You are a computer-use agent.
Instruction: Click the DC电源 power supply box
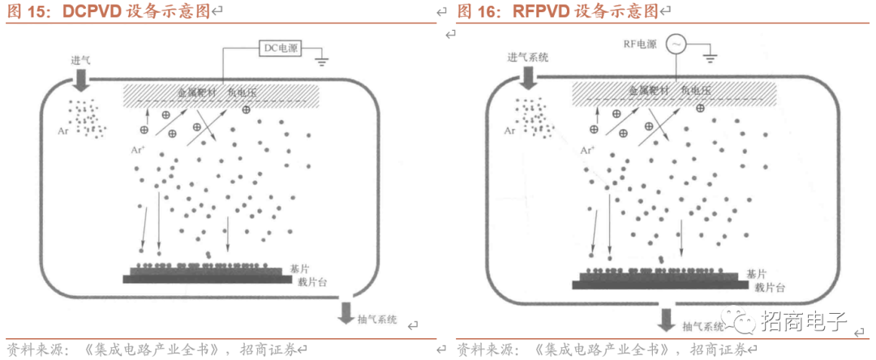point(280,49)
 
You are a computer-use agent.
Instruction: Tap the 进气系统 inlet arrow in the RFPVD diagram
point(527,78)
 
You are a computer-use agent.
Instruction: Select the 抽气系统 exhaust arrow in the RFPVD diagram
point(666,318)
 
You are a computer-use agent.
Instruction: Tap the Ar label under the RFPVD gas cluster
point(509,130)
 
